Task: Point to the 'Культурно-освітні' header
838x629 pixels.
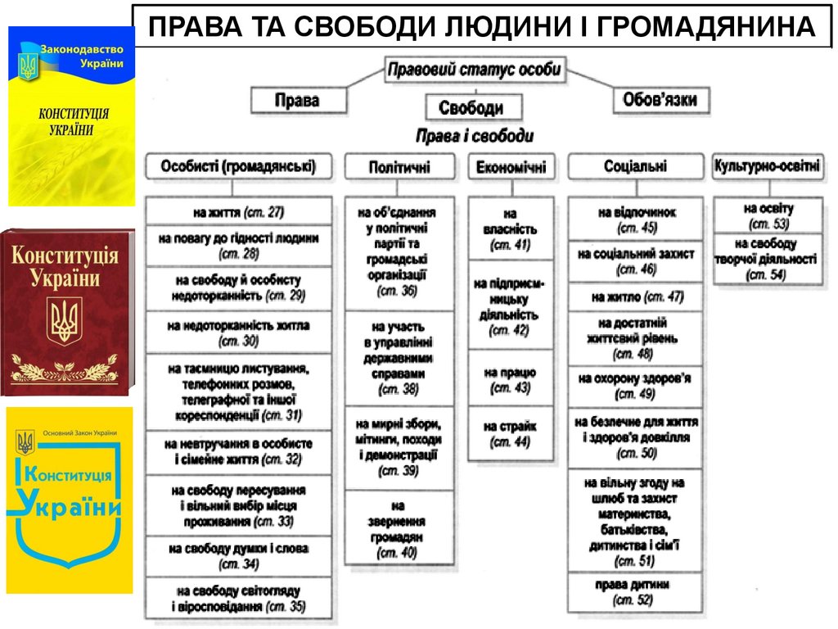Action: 767,165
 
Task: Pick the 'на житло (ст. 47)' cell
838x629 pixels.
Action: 636,296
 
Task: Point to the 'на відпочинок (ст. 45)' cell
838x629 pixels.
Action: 636,219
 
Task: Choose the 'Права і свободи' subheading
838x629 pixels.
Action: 475,135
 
